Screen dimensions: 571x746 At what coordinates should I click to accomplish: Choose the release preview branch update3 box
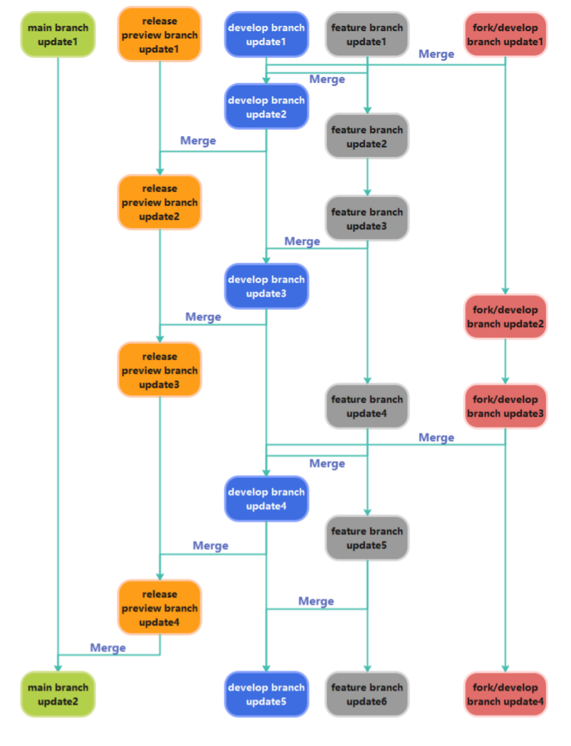(x=160, y=370)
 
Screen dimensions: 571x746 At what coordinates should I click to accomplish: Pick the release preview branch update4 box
(x=160, y=608)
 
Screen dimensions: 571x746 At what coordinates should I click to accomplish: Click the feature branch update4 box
(x=367, y=406)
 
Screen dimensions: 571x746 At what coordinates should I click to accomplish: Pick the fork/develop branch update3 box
(x=506, y=406)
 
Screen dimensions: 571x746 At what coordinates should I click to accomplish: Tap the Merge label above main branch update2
(x=108, y=648)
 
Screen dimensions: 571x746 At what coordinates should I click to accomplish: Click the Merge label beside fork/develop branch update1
(x=436, y=54)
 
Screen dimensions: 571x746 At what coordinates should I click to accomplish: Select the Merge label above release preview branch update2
(x=198, y=141)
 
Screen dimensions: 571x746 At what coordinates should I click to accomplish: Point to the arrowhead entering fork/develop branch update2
(x=506, y=291)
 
